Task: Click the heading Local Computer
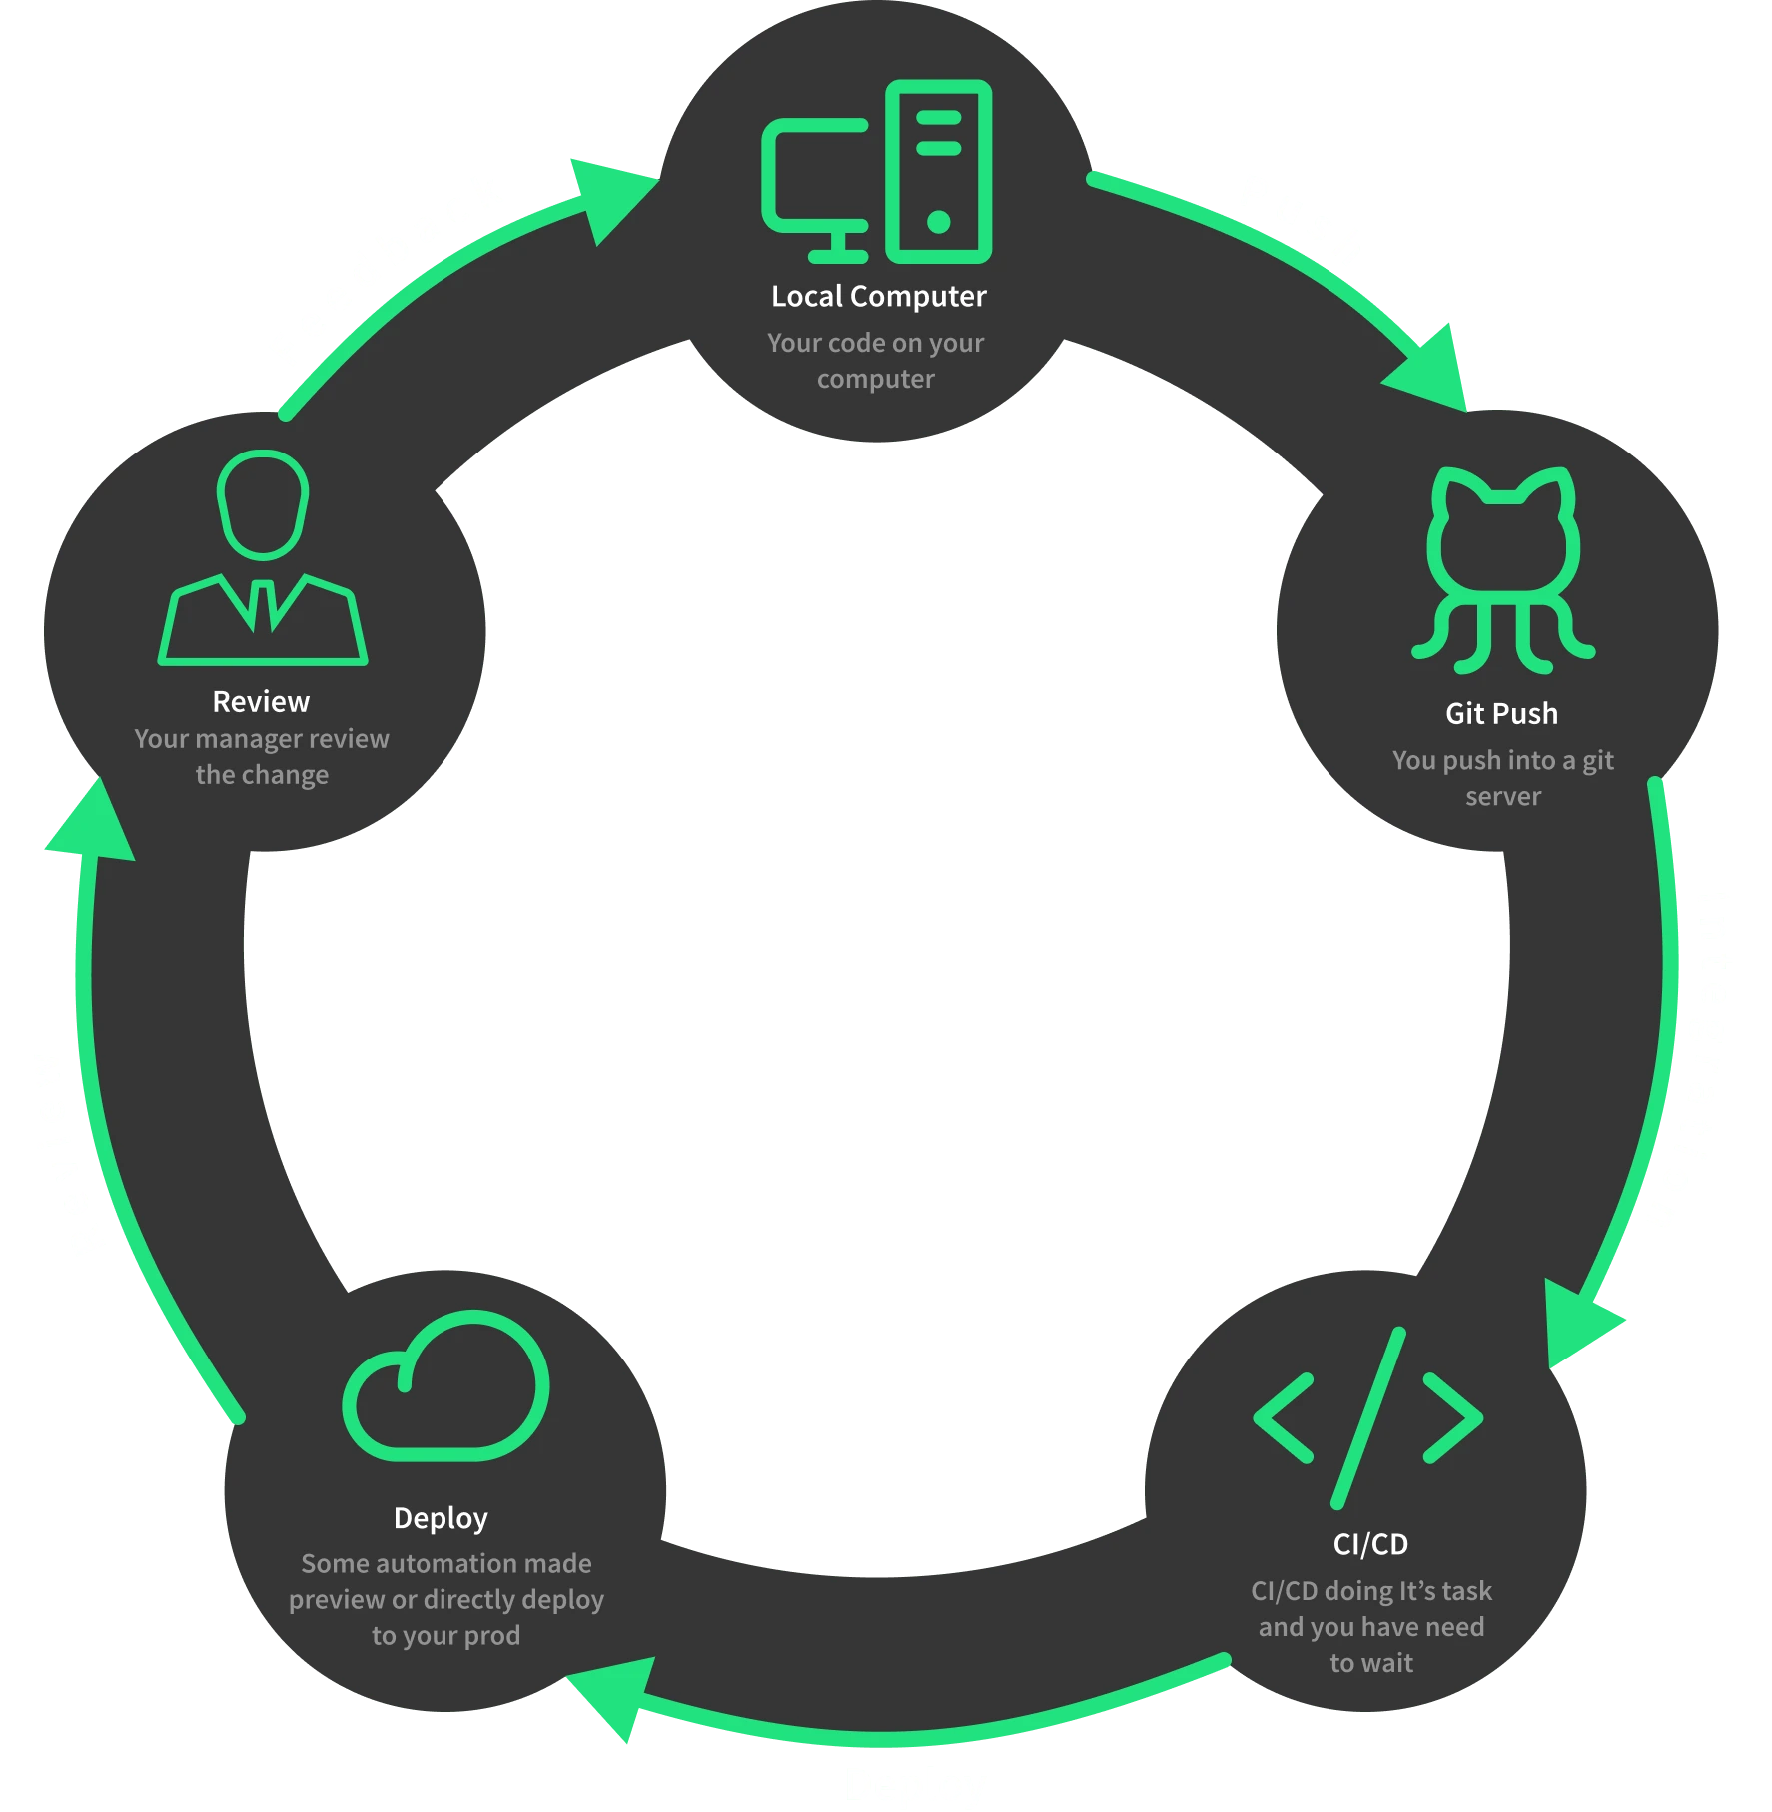(x=878, y=297)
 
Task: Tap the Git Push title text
(x=1501, y=714)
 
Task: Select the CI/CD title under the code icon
(x=1370, y=1544)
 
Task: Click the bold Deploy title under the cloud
(x=441, y=1518)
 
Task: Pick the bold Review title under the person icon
(x=261, y=702)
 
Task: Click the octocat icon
(x=1502, y=569)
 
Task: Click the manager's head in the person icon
(x=263, y=503)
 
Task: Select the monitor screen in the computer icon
(x=814, y=174)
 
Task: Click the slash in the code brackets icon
(x=1369, y=1418)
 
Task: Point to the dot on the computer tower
(x=938, y=221)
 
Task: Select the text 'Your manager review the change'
(x=262, y=757)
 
